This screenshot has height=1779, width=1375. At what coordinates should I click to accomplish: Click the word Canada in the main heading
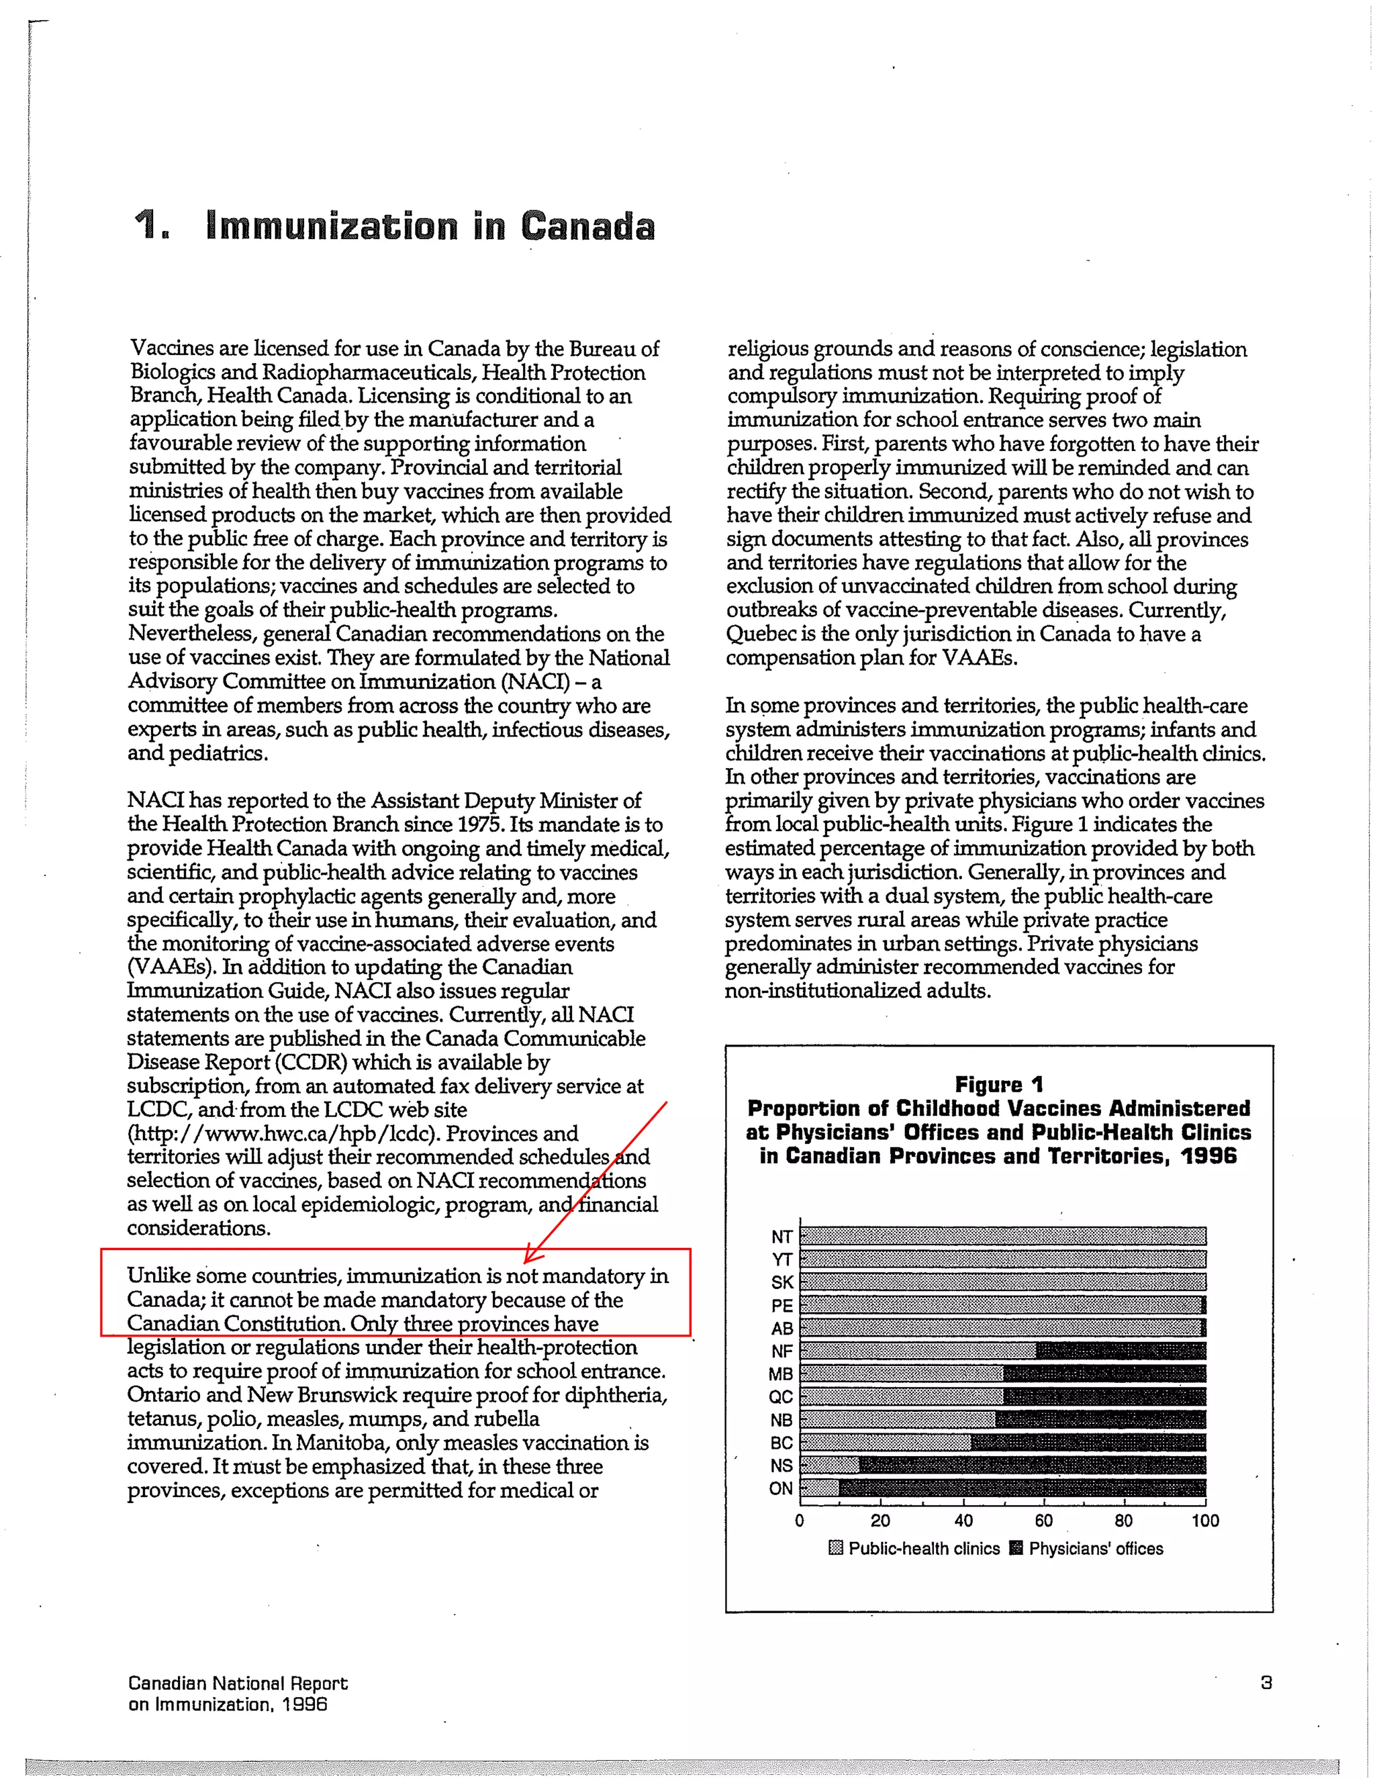pos(587,226)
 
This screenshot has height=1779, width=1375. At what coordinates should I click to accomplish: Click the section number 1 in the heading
pos(148,226)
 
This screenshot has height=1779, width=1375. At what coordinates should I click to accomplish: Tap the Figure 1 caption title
pos(998,1084)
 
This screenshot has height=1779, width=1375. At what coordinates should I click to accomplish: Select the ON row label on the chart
pos(780,1488)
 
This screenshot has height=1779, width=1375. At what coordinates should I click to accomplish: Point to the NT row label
pos(781,1237)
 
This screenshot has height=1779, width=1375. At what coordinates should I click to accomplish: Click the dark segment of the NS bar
pos(1032,1465)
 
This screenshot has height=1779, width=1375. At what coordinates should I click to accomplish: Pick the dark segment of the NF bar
pos(1120,1351)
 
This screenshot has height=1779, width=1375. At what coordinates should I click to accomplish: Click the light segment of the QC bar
pos(902,1397)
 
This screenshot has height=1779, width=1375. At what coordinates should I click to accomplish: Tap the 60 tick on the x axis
pos(1043,1521)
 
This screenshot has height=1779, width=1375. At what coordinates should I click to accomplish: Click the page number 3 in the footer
pos(1266,1683)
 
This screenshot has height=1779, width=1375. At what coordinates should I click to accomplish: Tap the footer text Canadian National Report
pos(238,1684)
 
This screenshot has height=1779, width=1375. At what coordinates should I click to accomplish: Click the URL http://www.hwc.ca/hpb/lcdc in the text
pos(283,1134)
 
